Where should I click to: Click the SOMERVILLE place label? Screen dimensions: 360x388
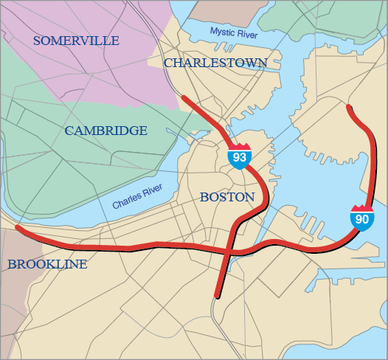76,41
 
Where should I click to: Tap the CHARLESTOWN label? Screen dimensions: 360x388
215,63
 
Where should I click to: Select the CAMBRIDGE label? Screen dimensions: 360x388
105,131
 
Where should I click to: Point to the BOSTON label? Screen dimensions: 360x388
226,197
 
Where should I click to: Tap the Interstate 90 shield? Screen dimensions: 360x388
361,218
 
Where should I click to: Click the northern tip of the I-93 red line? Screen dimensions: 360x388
183,97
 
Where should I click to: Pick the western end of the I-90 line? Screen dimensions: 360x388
17,227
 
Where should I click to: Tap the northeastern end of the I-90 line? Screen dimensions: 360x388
348,106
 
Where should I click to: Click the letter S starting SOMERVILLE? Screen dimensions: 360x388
37,41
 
